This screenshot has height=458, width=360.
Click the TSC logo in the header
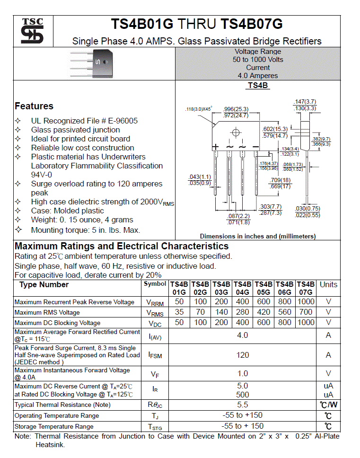click(x=32, y=31)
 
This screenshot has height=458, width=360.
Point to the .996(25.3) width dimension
click(x=236, y=109)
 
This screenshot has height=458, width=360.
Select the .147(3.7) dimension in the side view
click(x=305, y=102)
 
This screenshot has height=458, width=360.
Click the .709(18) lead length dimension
click(x=280, y=180)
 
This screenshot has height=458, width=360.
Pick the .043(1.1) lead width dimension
click(x=199, y=177)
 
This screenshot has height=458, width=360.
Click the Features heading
click(x=34, y=106)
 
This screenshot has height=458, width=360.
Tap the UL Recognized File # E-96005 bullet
click(x=84, y=121)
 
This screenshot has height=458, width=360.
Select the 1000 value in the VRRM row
click(x=306, y=302)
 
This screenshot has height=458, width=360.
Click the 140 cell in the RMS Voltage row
click(x=221, y=312)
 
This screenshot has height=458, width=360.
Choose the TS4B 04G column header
click(x=242, y=288)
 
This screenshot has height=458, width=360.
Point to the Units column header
click(x=328, y=284)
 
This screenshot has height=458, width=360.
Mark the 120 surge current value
click(x=242, y=355)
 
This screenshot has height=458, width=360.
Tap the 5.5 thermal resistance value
click(x=242, y=405)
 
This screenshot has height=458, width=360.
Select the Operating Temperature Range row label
click(x=57, y=416)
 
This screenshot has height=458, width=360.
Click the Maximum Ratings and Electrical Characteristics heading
click(x=122, y=246)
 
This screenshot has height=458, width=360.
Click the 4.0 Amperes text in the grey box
click(x=258, y=76)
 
